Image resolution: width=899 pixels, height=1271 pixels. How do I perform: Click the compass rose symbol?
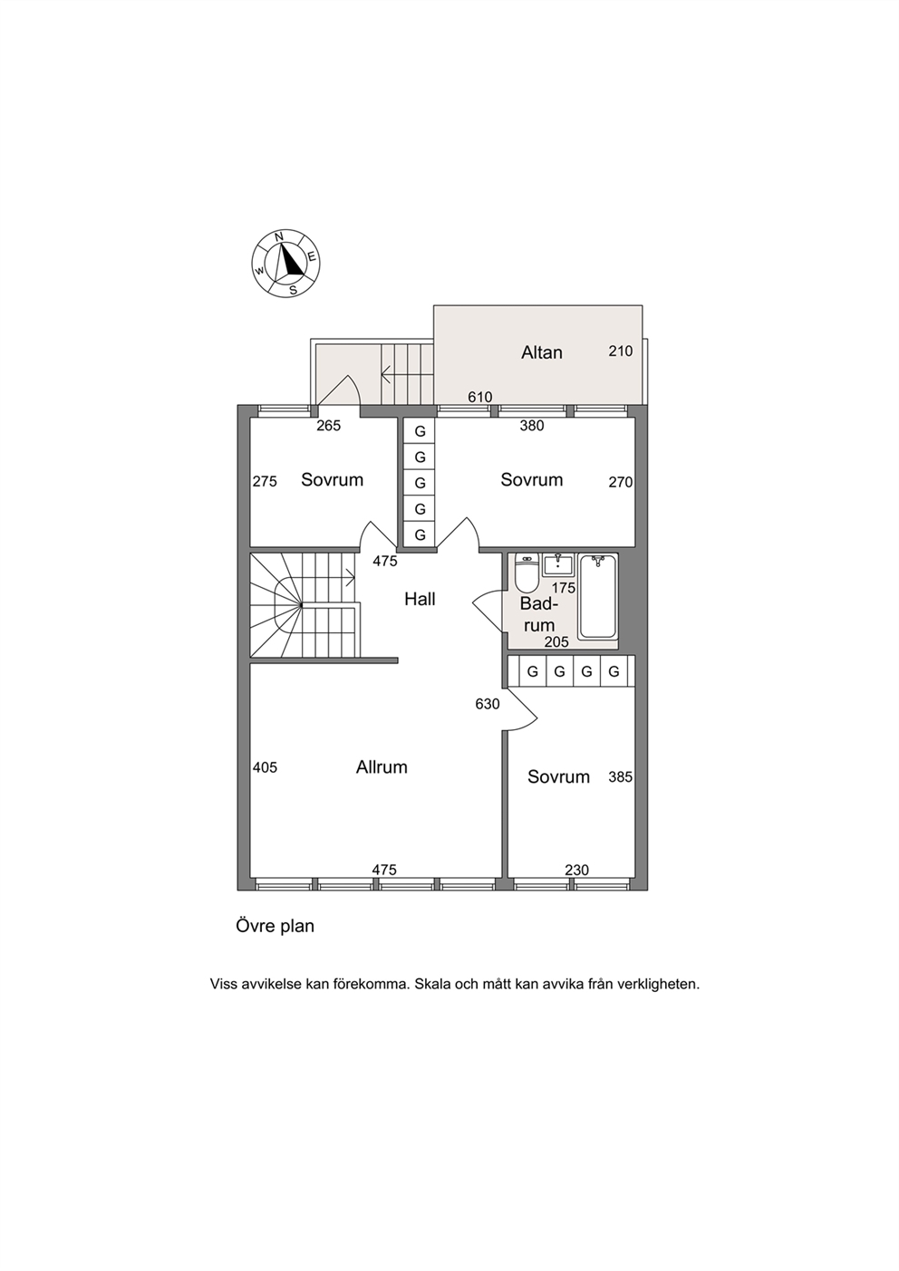click(286, 264)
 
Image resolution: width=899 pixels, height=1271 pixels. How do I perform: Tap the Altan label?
click(541, 352)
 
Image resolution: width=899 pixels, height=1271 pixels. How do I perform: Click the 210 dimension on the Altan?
click(621, 351)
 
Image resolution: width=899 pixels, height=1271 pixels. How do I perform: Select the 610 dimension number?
click(479, 397)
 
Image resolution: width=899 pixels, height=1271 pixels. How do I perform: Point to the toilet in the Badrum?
click(527, 573)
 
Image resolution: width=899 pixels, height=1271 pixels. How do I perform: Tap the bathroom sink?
click(559, 564)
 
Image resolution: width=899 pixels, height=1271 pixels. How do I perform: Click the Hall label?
click(420, 599)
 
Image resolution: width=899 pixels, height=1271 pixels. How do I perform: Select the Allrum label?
click(382, 767)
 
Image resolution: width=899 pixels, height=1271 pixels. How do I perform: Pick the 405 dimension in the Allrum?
click(265, 767)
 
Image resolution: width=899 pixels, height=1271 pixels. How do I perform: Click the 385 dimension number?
click(621, 776)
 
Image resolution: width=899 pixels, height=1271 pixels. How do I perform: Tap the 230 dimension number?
click(576, 870)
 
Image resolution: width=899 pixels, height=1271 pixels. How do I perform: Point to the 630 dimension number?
click(487, 704)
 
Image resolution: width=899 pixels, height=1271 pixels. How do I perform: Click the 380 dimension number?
click(532, 426)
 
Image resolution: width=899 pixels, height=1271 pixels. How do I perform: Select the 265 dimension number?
click(329, 426)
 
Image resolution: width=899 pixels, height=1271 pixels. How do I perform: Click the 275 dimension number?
click(265, 482)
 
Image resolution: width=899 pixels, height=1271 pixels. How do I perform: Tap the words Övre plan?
click(275, 927)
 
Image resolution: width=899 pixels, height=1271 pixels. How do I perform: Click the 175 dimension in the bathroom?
click(564, 588)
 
